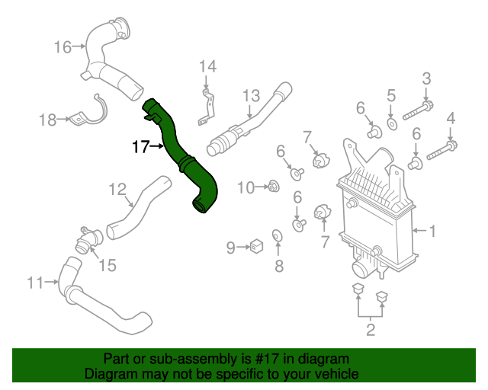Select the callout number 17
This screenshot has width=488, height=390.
140,146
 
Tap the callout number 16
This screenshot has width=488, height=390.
62,47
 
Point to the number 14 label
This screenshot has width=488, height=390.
208,67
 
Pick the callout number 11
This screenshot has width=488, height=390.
35,283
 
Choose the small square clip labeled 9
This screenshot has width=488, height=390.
257,246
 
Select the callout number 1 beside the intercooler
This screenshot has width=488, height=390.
433,230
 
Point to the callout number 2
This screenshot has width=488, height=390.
371,330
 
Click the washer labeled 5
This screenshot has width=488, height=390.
391,123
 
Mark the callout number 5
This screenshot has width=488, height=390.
391,95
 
